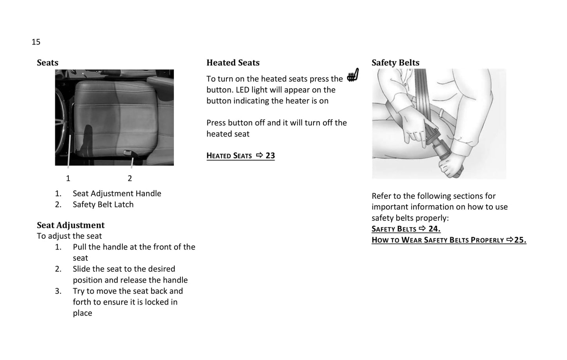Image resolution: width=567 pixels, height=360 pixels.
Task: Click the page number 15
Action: pyautogui.click(x=36, y=42)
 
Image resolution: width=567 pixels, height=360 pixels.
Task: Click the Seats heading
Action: pyautogui.click(x=47, y=63)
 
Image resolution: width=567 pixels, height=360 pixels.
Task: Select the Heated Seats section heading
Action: pyautogui.click(x=233, y=63)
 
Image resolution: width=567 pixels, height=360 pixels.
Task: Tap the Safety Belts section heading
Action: pyautogui.click(x=395, y=63)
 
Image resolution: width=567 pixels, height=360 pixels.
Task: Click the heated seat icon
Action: pyautogui.click(x=353, y=75)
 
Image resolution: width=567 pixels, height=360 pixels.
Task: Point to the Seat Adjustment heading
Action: pyautogui.click(x=71, y=225)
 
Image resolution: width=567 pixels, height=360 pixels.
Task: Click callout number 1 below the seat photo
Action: pyautogui.click(x=68, y=179)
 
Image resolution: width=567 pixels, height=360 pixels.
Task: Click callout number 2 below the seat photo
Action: pyautogui.click(x=130, y=179)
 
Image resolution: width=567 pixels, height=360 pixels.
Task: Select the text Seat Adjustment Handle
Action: pyautogui.click(x=117, y=194)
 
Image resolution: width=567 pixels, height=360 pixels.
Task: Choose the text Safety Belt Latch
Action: pyautogui.click(x=103, y=205)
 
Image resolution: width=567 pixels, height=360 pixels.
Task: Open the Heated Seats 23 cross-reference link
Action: pyautogui.click(x=241, y=156)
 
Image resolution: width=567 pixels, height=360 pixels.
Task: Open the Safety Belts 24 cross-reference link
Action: pyautogui.click(x=406, y=229)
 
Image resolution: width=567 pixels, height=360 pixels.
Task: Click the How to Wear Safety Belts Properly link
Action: pyautogui.click(x=448, y=240)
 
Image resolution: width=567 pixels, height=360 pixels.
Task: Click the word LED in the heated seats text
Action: pyautogui.click(x=242, y=90)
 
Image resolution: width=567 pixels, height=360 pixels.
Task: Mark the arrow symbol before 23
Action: pyautogui.click(x=259, y=155)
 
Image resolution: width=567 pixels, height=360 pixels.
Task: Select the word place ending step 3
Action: pyautogui.click(x=82, y=313)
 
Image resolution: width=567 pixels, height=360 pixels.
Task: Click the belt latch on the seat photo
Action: pyautogui.click(x=128, y=152)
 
